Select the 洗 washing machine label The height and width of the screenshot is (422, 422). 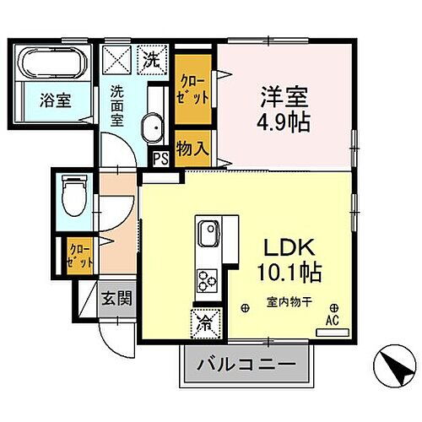(152, 60)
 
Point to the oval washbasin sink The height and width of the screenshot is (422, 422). (153, 129)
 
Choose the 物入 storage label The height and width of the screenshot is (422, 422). (192, 149)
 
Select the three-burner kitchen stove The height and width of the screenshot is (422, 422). (208, 279)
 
